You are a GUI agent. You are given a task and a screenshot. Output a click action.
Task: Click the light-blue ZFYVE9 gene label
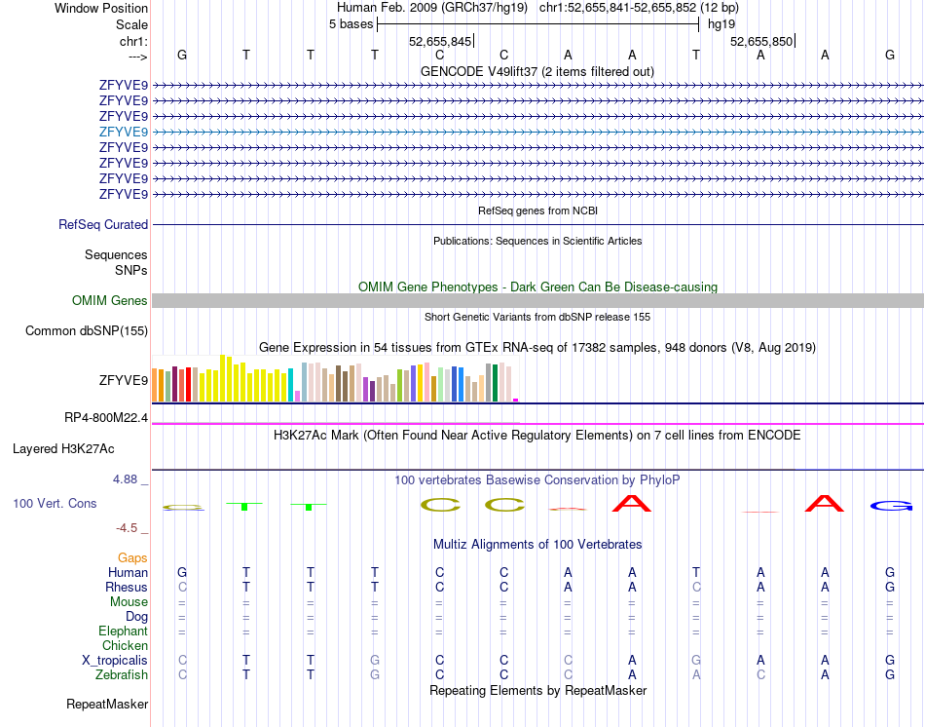[x=123, y=132]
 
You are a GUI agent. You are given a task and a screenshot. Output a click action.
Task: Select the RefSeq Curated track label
[x=103, y=224]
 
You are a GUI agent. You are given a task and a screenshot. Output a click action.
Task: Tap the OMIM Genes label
[x=109, y=301]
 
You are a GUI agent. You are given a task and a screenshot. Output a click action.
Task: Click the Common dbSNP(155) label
[x=87, y=331]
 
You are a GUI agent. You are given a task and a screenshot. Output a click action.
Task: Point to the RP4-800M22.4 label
[x=106, y=418]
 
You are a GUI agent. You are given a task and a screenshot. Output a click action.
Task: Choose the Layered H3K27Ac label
[x=63, y=449]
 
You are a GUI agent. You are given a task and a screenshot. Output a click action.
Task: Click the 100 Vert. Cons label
[x=55, y=504]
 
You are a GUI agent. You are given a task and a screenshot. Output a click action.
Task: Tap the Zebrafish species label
[x=122, y=674]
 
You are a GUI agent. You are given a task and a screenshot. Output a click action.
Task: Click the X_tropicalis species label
[x=115, y=660]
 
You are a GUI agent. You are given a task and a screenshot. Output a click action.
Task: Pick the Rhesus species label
[x=127, y=587]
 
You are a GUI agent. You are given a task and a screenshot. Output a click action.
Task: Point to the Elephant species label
[x=123, y=631]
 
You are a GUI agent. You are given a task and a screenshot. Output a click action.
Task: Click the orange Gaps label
[x=132, y=557]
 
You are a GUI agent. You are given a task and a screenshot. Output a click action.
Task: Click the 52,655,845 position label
[x=440, y=41]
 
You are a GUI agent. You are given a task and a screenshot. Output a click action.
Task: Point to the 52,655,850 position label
[x=761, y=41]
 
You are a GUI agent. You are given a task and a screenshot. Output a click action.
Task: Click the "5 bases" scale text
[x=351, y=23]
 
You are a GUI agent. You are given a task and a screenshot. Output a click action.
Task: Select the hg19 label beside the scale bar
[x=721, y=23]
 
